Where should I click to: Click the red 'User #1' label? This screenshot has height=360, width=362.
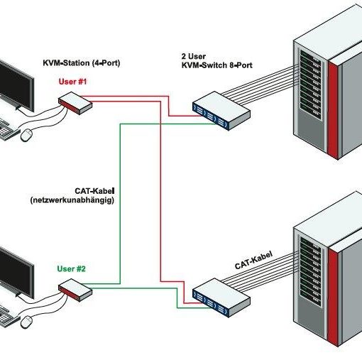(x=72, y=82)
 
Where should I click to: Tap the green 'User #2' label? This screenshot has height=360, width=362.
(x=71, y=269)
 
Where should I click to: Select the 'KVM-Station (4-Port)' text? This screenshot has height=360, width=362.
(x=82, y=63)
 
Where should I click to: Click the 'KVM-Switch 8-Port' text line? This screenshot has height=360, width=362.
(x=216, y=65)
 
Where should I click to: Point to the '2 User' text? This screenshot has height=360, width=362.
(x=194, y=56)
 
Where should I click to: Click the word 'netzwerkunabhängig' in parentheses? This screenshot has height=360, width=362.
(x=72, y=200)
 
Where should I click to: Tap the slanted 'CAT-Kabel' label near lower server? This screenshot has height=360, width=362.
(x=253, y=260)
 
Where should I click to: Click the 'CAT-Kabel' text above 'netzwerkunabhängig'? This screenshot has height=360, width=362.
(x=94, y=191)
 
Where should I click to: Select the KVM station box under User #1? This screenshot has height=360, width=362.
(x=75, y=103)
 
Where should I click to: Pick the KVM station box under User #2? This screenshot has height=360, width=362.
(x=75, y=290)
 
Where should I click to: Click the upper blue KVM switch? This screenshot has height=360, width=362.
(x=221, y=111)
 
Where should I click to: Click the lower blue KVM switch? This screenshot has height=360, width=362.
(x=221, y=298)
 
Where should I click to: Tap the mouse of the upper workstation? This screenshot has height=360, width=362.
(x=26, y=135)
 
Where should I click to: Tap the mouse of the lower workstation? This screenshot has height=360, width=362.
(x=26, y=322)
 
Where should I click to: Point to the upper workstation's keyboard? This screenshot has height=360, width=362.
(x=9, y=130)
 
